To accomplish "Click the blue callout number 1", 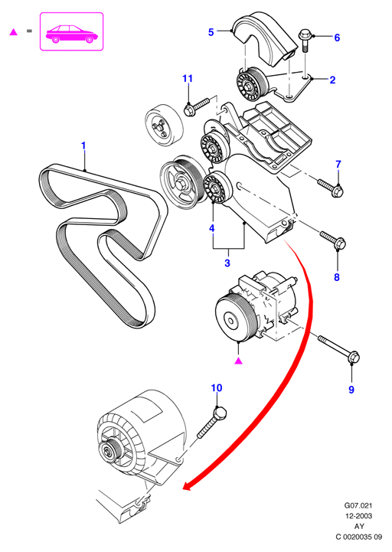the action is [83, 145].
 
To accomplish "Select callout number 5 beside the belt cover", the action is [211, 32].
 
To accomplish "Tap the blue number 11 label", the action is [188, 78].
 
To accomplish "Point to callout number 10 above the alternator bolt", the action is [217, 387].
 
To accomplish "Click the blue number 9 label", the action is [351, 390].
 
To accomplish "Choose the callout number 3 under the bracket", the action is [227, 263].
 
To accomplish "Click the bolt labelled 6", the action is [305, 42].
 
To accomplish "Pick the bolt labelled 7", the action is [331, 188].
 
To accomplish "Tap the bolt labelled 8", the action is [333, 239].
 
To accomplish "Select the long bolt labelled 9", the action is [339, 349].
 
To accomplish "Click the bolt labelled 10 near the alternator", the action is [211, 422].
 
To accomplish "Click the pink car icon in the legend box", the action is [72, 34].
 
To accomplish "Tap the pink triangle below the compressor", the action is [238, 361].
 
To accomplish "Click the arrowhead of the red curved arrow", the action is [189, 485].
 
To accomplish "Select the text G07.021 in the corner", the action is [358, 505].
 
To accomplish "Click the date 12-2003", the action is [358, 516].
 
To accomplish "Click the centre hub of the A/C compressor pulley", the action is [231, 321].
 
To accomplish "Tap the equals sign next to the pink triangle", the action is [29, 31].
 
